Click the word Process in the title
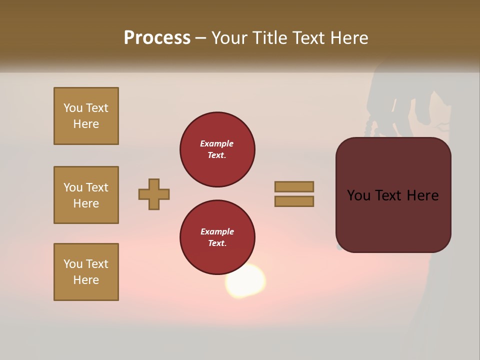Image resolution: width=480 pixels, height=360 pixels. pos(157,37)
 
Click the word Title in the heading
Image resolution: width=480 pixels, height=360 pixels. pos(270,37)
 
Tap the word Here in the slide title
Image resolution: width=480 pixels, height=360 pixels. pos(349,37)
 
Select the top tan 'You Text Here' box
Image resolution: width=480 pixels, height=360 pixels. pos(86,116)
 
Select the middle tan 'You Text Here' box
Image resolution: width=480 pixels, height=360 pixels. pos(86,195)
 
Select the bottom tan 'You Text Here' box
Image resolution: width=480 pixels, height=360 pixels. pos(86,272)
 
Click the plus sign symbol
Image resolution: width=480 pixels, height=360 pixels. pos(154,194)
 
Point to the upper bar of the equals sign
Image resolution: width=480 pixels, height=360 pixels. pos(294,186)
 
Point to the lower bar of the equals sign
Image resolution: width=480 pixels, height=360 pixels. pos(294,201)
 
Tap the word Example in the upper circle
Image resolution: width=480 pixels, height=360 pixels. pos(216,143)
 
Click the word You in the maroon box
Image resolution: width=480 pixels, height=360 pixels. pos(358,195)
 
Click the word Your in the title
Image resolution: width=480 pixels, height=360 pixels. pos(229,37)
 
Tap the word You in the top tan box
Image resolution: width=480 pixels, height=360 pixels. pos(73,108)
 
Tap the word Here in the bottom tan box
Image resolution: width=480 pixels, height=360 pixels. pos(86,280)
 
